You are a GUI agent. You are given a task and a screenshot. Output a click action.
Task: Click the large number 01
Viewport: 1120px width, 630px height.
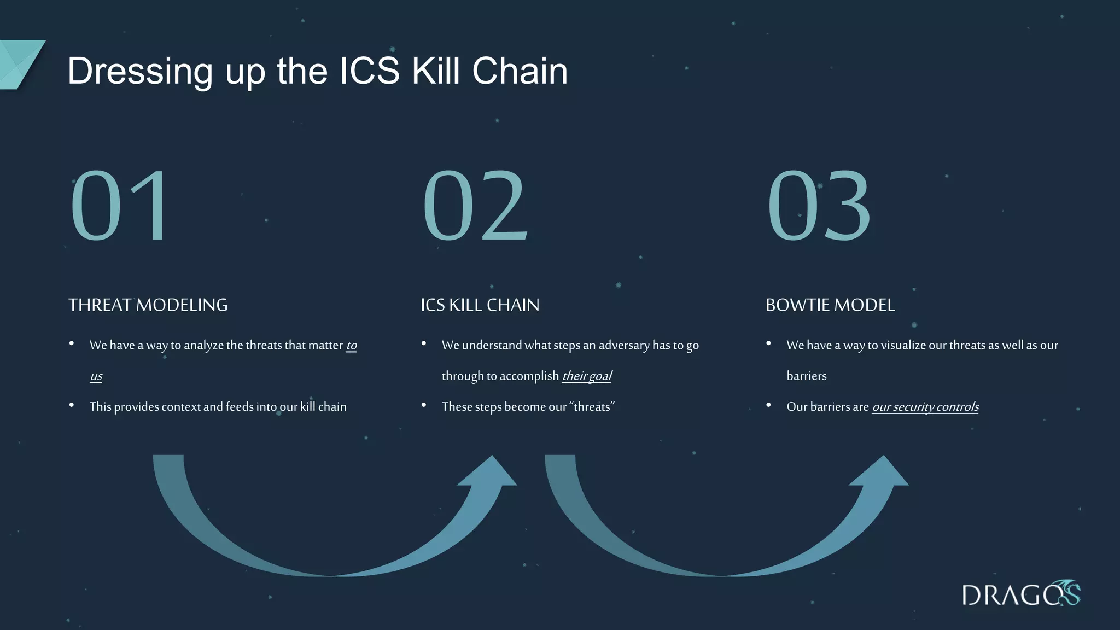pyautogui.click(x=119, y=206)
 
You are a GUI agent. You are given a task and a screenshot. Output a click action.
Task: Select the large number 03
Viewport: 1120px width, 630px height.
pyautogui.click(x=819, y=206)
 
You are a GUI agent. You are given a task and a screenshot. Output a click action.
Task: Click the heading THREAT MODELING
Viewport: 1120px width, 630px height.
pyautogui.click(x=148, y=305)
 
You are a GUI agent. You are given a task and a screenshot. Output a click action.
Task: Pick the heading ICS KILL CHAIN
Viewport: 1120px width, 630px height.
pyautogui.click(x=480, y=305)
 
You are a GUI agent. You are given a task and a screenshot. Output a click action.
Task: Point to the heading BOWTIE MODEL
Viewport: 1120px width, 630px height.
pyautogui.click(x=830, y=305)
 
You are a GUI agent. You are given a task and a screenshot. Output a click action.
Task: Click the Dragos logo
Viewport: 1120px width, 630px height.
pyautogui.click(x=1020, y=594)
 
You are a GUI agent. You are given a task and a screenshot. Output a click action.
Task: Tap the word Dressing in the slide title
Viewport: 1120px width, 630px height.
pyautogui.click(x=139, y=72)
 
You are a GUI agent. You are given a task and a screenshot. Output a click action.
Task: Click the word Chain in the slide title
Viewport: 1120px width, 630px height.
pyautogui.click(x=520, y=71)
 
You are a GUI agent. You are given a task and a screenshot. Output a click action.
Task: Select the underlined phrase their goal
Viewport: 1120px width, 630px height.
pyautogui.click(x=587, y=376)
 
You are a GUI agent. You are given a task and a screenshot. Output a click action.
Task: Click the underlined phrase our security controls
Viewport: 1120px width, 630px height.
pyautogui.click(x=925, y=407)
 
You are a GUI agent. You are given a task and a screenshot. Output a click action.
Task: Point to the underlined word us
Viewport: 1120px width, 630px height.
pyautogui.click(x=96, y=376)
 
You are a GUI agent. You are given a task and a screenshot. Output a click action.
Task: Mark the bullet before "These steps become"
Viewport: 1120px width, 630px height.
pyautogui.click(x=424, y=405)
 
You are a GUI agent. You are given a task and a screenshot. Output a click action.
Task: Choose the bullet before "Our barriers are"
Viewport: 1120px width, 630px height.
pyautogui.click(x=768, y=405)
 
